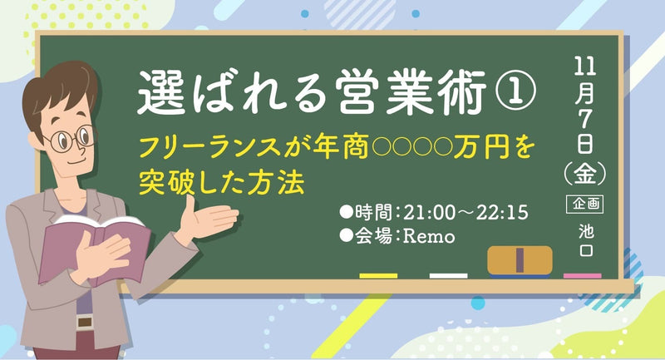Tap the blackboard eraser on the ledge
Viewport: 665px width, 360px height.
coord(520,259)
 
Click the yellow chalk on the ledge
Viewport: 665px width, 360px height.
coord(378,275)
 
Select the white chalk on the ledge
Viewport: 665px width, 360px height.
coord(448,275)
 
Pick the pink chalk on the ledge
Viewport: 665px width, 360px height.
coord(582,275)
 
